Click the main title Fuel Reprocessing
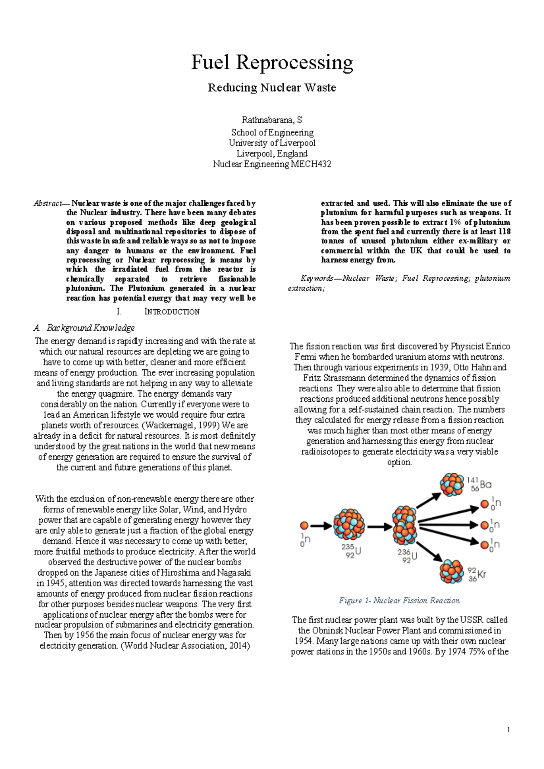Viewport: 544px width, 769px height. pos(272,62)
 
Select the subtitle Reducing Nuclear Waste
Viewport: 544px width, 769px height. pos(272,87)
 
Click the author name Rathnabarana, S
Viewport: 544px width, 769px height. pos(272,120)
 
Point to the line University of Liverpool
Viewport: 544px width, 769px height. pos(272,143)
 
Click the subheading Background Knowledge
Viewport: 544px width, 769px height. pos(90,327)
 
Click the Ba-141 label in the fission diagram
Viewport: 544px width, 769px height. pos(479,484)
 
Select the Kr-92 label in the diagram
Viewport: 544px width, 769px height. pos(477,575)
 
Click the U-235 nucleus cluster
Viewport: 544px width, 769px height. pos(349,524)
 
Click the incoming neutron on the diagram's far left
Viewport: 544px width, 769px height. pos(305,525)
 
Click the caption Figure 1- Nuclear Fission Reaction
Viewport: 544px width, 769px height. pos(399,601)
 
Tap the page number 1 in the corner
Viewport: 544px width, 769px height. pos(509,730)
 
